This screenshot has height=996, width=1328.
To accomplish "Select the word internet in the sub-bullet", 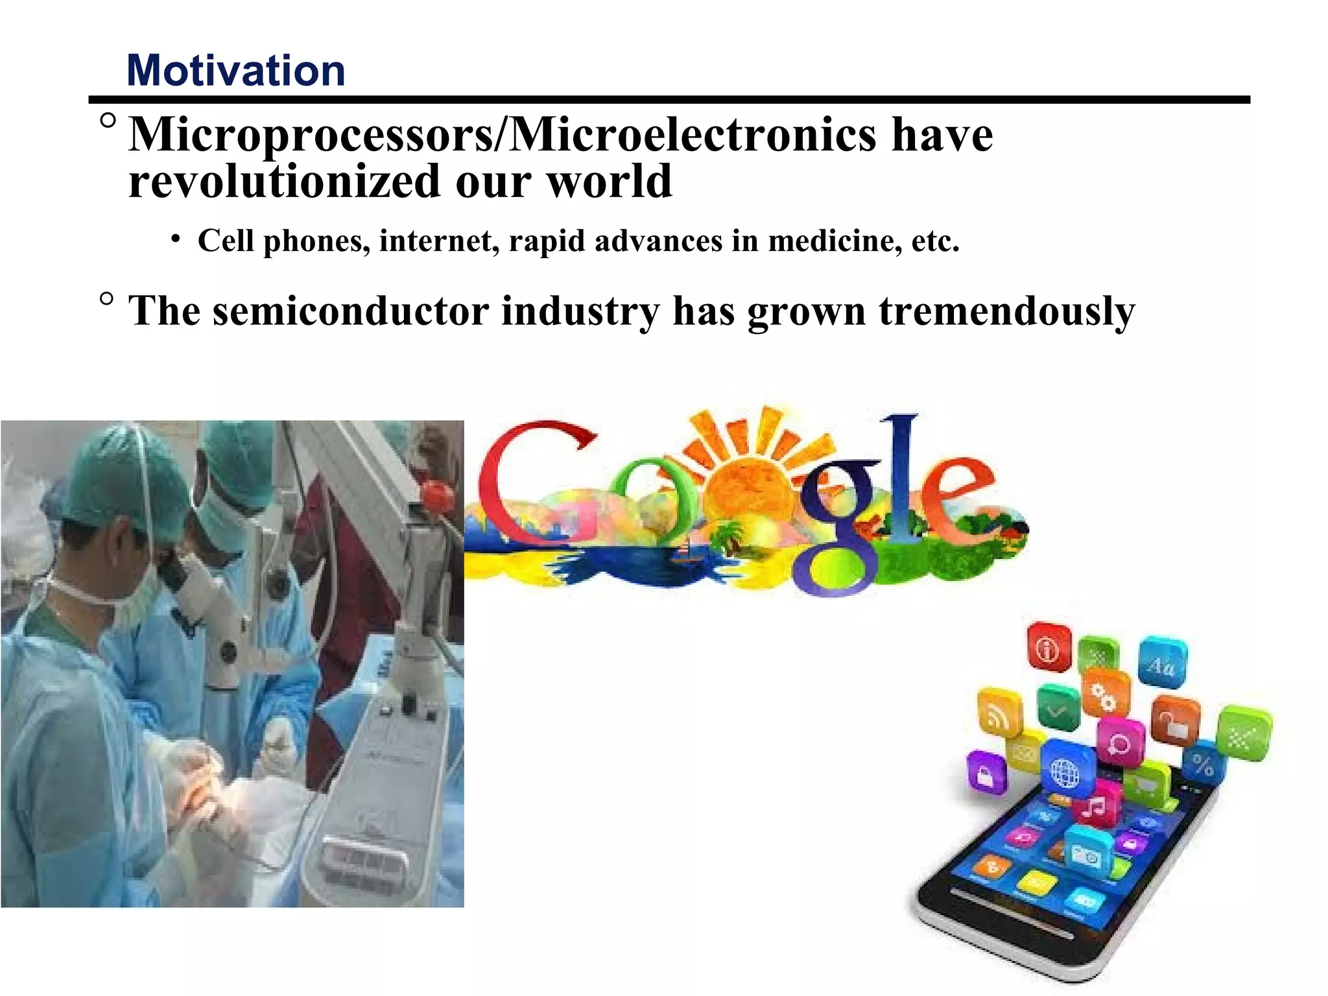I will coord(439,241).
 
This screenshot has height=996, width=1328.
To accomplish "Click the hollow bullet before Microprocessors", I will coord(108,121).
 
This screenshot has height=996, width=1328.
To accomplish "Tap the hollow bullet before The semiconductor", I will coord(107,299).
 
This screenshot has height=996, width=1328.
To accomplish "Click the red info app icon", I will coord(1048,647).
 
